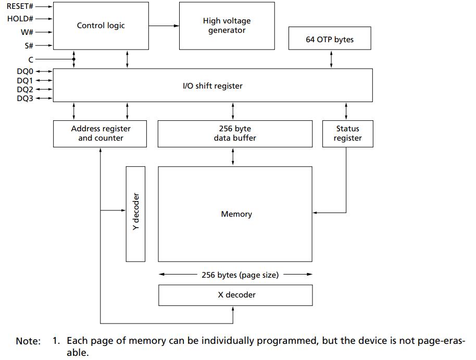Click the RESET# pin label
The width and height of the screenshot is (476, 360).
pos(20,6)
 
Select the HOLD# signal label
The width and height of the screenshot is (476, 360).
pos(20,19)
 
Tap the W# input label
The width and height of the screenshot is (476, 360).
pos(27,32)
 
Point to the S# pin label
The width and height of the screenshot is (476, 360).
pos(29,45)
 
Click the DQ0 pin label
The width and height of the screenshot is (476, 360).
pos(25,71)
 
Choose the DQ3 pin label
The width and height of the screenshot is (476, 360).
pos(25,98)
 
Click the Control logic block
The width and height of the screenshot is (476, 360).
pos(101,26)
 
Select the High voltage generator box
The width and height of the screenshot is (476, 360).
pos(227,26)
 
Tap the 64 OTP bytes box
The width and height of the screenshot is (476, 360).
pos(330,38)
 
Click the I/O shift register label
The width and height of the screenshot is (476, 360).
pos(212,86)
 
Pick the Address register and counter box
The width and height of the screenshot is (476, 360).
pos(100,134)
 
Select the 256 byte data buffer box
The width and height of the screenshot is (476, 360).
pos(235,134)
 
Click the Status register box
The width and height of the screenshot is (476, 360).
pos(347,134)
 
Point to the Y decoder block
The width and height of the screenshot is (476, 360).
pos(135,214)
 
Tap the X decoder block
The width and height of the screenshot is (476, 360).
pos(235,295)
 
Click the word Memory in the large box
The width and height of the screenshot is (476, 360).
pos(236,214)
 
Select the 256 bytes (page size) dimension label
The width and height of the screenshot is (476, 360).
pos(240,275)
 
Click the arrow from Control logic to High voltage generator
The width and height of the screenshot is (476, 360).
pos(164,26)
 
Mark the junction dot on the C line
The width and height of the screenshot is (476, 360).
pos(74,59)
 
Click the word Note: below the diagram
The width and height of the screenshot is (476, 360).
pos(28,341)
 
